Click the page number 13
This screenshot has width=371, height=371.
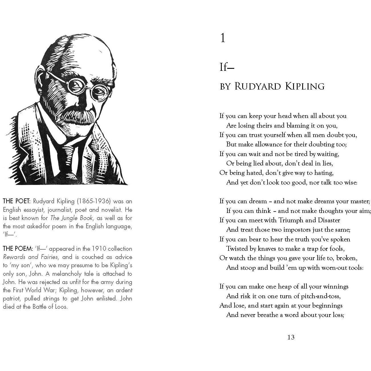(291, 337)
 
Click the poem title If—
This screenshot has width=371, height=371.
(227, 67)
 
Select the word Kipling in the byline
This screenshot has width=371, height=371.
(304, 86)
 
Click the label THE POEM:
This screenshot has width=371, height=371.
(18, 249)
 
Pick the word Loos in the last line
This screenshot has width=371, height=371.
(62, 307)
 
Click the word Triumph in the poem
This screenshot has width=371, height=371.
(291, 220)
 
